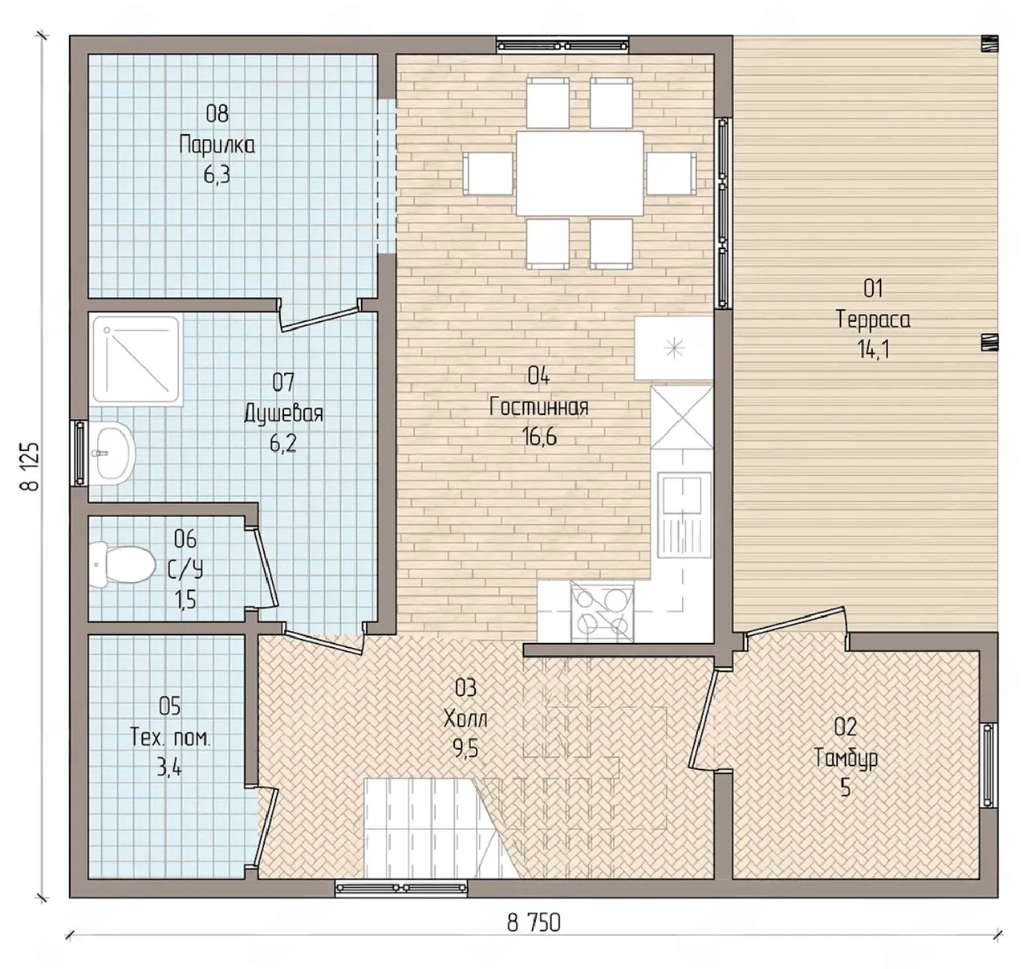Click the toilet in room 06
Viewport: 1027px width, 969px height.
122,564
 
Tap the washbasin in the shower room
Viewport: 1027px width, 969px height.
113,453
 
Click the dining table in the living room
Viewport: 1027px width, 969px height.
579,173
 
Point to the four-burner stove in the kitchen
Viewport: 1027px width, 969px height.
602,611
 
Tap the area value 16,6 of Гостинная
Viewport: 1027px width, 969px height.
539,438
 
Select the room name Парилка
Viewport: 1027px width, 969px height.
217,145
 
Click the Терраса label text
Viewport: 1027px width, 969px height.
873,320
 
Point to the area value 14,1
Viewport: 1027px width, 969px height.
873,351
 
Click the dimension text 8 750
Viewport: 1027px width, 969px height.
534,922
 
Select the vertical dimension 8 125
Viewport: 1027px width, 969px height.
31,466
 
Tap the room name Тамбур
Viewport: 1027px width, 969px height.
846,758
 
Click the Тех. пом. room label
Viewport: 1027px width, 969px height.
170,738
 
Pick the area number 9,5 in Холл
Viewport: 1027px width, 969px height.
465,748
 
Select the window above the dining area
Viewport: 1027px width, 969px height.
562,45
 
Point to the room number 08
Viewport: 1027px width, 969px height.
217,114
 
